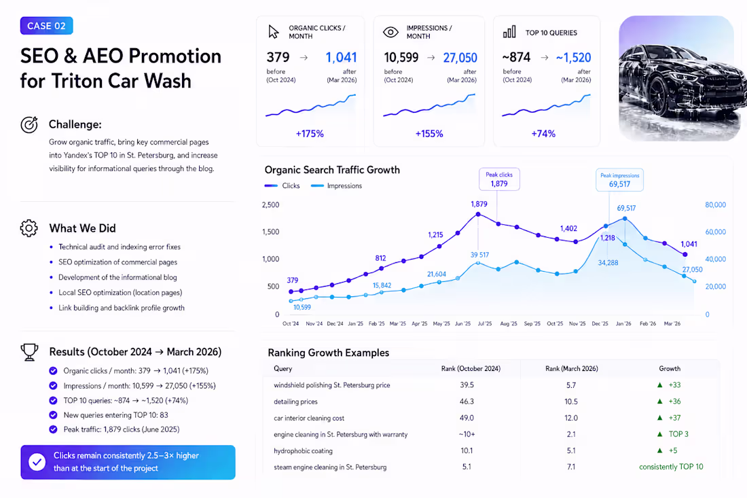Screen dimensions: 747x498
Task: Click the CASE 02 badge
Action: click(x=46, y=26)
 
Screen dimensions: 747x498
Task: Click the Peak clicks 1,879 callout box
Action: click(x=499, y=179)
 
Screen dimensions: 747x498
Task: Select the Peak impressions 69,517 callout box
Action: click(x=619, y=179)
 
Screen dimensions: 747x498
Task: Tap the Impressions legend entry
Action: click(x=336, y=186)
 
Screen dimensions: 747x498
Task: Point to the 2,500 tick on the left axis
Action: click(x=270, y=205)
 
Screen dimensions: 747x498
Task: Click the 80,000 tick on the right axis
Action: click(x=715, y=205)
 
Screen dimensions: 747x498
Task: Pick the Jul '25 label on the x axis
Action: click(x=484, y=323)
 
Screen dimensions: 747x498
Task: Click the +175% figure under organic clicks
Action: click(x=310, y=134)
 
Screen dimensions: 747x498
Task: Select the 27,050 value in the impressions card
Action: click(x=460, y=58)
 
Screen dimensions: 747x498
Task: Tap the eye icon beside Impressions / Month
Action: click(x=390, y=32)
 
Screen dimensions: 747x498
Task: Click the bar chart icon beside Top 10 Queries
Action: click(x=509, y=32)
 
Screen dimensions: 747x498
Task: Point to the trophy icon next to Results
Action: click(x=29, y=352)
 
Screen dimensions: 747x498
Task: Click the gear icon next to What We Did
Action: click(x=29, y=228)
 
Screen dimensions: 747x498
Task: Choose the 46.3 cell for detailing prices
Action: click(x=467, y=402)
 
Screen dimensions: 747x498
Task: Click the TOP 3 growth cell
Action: click(x=678, y=434)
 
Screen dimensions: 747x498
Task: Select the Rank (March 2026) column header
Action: click(x=571, y=369)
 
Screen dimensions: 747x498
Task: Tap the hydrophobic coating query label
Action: click(x=303, y=451)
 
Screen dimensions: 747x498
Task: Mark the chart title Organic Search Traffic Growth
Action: click(x=332, y=170)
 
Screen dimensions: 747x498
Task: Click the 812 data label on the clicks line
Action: click(x=380, y=258)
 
